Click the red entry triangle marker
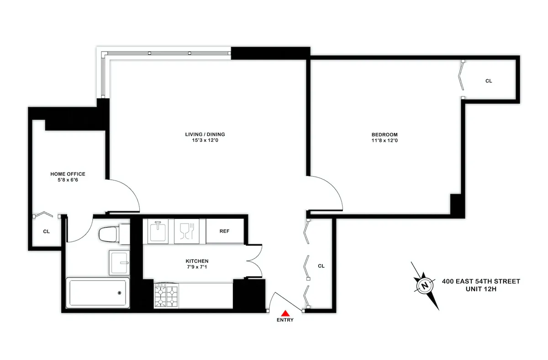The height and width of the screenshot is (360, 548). click(285, 313)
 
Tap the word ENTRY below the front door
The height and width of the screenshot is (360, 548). click(285, 320)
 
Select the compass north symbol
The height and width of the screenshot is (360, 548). click(425, 286)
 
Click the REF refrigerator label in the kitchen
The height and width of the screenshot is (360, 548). click(224, 231)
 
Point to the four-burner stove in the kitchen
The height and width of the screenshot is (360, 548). click(166, 296)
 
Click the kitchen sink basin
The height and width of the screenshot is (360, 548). click(158, 231)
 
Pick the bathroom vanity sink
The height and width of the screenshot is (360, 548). click(119, 262)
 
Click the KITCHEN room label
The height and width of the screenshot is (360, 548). click(197, 261)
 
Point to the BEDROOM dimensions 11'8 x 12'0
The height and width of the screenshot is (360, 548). click(385, 141)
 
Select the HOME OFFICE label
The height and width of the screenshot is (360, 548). click(68, 174)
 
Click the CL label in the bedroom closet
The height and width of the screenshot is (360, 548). click(489, 81)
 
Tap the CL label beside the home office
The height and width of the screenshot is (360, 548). click(46, 231)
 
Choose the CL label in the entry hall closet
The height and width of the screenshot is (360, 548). click(321, 266)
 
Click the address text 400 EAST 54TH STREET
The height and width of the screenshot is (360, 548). click(481, 282)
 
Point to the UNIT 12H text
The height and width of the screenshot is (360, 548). click(481, 289)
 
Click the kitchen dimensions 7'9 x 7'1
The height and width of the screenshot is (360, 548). click(197, 267)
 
